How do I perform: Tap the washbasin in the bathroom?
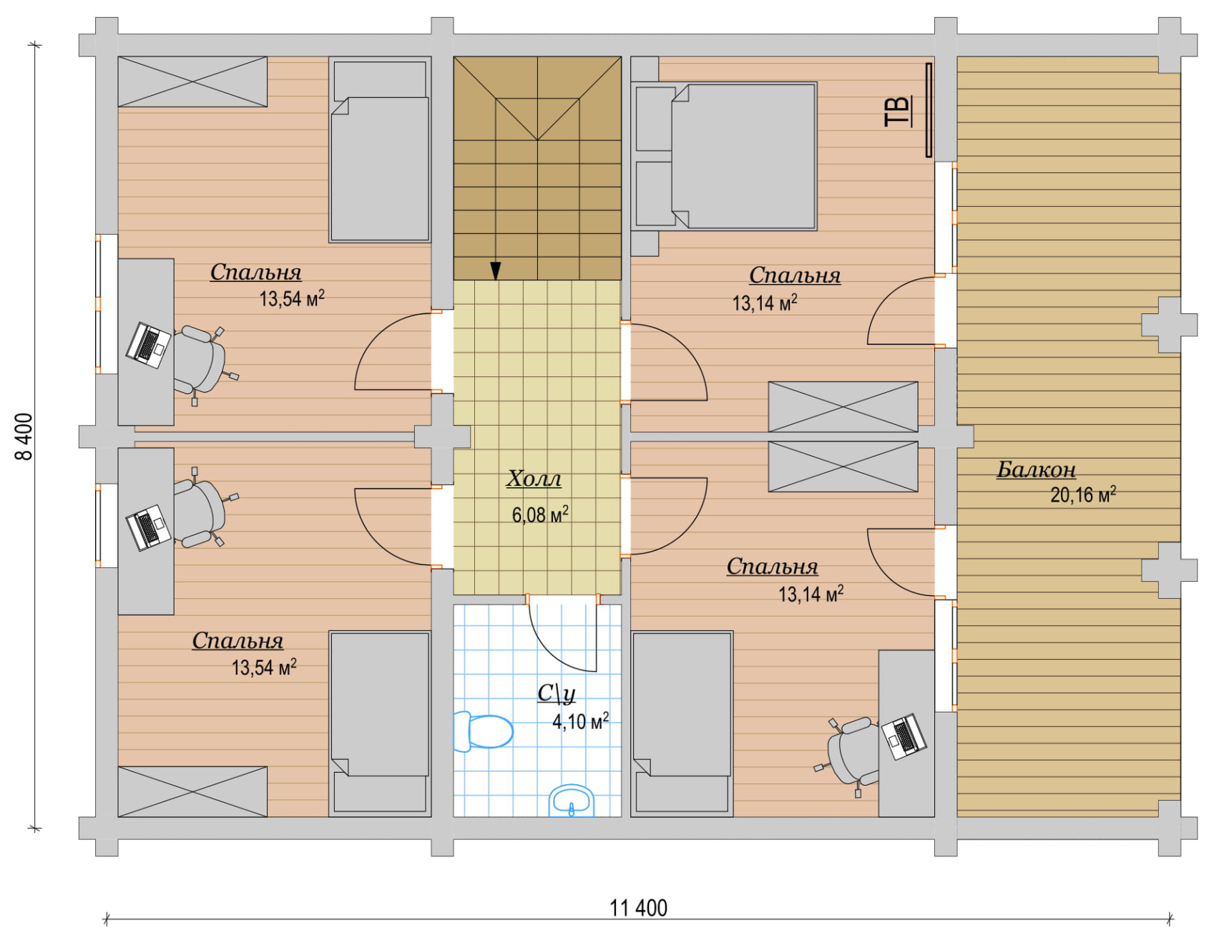pyautogui.click(x=572, y=801)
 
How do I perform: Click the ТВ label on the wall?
pyautogui.click(x=898, y=111)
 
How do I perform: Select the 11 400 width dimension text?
pyautogui.click(x=638, y=908)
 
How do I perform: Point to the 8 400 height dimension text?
pyautogui.click(x=24, y=436)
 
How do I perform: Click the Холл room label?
pyautogui.click(x=534, y=479)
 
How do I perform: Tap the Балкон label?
pyautogui.click(x=1037, y=469)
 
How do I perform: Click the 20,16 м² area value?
pyautogui.click(x=1083, y=494)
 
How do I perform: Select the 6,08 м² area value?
pyautogui.click(x=540, y=514)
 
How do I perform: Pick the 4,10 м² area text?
pyautogui.click(x=580, y=720)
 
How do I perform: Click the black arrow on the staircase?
pyautogui.click(x=495, y=270)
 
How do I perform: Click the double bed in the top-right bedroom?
pyautogui.click(x=724, y=156)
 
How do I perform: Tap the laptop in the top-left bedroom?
pyautogui.click(x=148, y=345)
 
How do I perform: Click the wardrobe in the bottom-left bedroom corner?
pyautogui.click(x=192, y=791)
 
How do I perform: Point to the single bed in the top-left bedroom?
pyautogui.click(x=380, y=150)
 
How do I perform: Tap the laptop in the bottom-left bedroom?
pyautogui.click(x=149, y=527)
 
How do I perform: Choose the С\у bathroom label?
pyautogui.click(x=557, y=693)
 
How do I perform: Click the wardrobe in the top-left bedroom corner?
pyautogui.click(x=192, y=82)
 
